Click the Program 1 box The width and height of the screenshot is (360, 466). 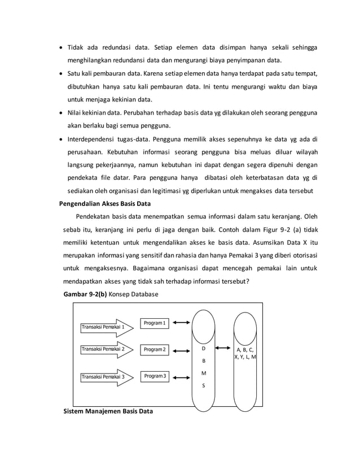point(155,323)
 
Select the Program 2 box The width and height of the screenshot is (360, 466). point(155,350)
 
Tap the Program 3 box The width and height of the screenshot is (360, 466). point(155,376)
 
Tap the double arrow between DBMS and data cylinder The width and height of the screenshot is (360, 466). point(224,350)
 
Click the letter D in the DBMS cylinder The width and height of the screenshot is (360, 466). point(204,349)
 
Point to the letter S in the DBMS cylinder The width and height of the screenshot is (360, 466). point(204,386)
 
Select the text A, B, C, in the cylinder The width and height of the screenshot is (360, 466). point(245,349)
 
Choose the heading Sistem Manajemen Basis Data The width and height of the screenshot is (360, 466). point(108,411)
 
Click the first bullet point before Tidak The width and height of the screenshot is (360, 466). point(62,47)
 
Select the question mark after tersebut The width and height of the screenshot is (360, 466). point(257,282)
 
